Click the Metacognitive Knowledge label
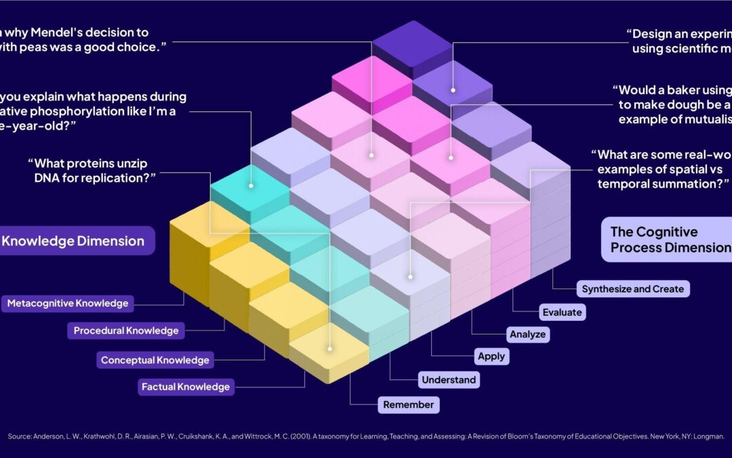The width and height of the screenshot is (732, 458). tap(67, 303)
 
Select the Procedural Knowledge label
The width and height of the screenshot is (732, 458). tap(126, 330)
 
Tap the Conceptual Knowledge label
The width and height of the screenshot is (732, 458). tap(155, 360)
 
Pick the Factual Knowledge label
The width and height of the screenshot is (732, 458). tap(186, 387)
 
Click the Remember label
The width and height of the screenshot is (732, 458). tap(408, 405)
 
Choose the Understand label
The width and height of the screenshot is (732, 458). tap(449, 380)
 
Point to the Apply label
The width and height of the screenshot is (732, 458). tap(491, 356)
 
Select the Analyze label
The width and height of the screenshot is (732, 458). tap(527, 334)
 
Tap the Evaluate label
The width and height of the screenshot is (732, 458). tap(562, 312)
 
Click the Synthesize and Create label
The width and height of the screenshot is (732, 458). tap(633, 289)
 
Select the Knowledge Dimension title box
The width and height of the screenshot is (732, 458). tap(75, 241)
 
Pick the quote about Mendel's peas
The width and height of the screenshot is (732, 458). tap(75, 39)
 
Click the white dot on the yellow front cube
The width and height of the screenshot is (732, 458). tap(330, 349)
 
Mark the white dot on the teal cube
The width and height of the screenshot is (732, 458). tap(251, 185)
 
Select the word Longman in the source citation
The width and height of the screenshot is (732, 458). tap(710, 437)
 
